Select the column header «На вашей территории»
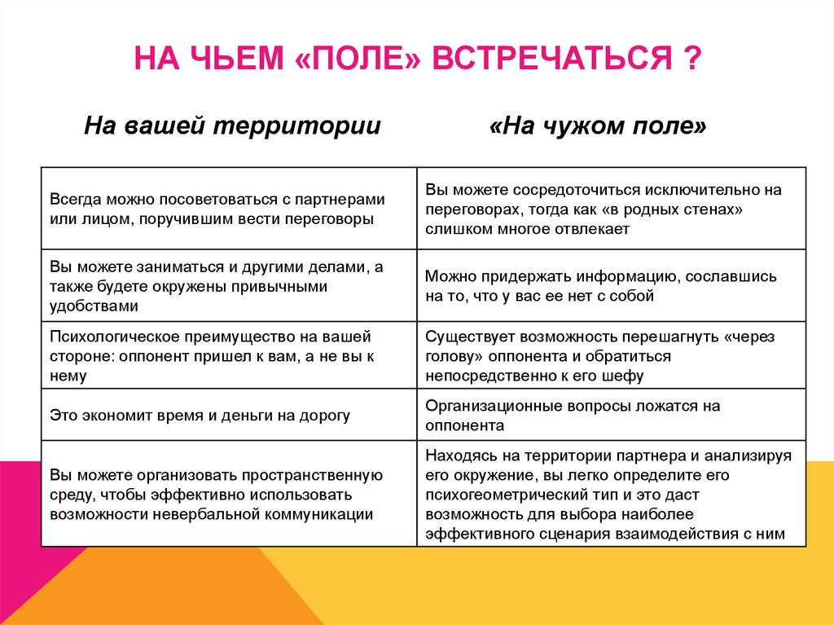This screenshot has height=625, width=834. click(233, 126)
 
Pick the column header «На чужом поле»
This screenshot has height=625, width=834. click(599, 126)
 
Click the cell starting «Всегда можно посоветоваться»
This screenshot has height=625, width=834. click(229, 209)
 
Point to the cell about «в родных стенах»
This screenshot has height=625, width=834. click(611, 209)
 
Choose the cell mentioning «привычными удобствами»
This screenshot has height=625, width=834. click(229, 285)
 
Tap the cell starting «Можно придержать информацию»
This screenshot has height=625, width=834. click(611, 286)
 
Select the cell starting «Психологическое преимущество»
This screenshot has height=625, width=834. click(229, 355)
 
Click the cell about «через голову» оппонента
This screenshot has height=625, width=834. click(611, 355)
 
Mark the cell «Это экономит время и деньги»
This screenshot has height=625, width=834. click(229, 416)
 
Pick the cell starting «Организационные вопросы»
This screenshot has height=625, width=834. click(611, 416)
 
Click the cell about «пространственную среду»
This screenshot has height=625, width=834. click(229, 494)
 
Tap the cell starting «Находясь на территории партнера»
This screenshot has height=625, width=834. click(611, 494)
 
